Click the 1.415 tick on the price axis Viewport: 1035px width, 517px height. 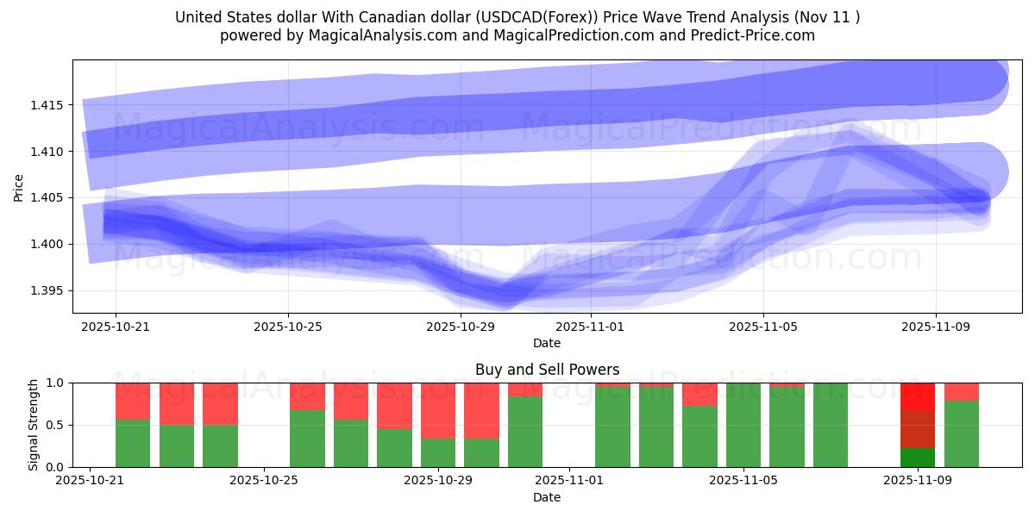pos(51,105)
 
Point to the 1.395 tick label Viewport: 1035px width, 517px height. pos(51,290)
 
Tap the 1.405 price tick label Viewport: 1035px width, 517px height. pos(51,198)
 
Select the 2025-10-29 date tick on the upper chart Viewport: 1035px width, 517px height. pos(461,327)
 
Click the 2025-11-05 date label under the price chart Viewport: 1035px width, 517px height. pos(762,327)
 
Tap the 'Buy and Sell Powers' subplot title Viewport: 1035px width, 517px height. pos(547,370)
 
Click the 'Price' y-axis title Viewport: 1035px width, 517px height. pos(19,187)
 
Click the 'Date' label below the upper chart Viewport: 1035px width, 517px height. pos(547,343)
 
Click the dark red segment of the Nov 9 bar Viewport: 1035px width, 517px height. pos(918,429)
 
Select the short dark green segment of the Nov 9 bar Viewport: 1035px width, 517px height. pos(918,457)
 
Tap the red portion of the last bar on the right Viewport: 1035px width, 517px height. pos(961,391)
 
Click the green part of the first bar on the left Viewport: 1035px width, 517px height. pos(133,443)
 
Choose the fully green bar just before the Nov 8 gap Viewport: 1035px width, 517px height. pos(830,425)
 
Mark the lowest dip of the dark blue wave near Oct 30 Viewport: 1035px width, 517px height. pos(505,297)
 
